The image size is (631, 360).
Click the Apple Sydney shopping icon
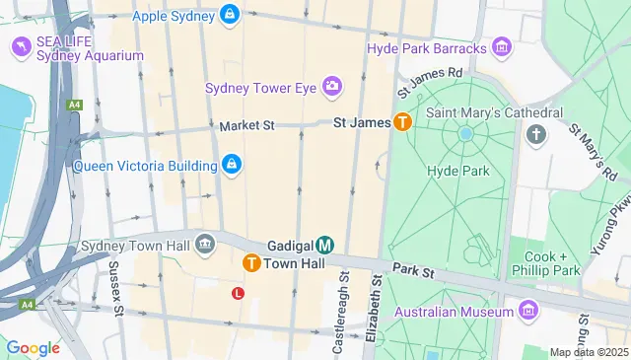[x=230, y=15]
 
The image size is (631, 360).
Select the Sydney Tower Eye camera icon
[x=331, y=88]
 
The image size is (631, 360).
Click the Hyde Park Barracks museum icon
[x=502, y=47]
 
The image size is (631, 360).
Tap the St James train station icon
[x=402, y=122]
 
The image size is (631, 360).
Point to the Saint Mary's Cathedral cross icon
[x=536, y=133]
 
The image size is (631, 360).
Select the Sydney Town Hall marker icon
[x=205, y=244]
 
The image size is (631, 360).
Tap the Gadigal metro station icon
[x=325, y=245]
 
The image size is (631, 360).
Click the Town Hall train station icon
[x=252, y=263]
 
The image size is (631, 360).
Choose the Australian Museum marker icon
[x=528, y=312]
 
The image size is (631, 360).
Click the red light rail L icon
[x=238, y=293]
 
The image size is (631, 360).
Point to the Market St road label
[x=246, y=126]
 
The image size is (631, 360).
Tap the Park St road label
[x=412, y=269]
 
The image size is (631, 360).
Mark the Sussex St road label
[x=115, y=288]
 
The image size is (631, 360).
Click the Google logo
[x=33, y=347]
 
